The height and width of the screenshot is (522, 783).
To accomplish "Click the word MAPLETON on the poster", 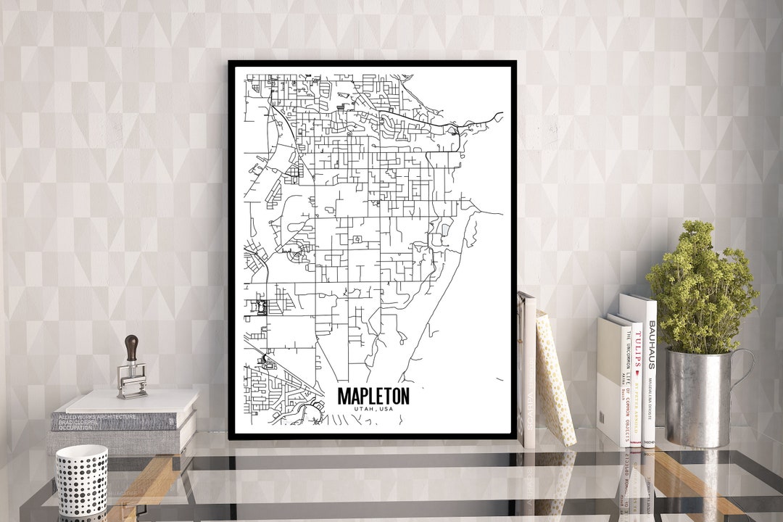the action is [373, 396].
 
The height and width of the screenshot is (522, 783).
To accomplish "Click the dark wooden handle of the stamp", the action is [131, 349].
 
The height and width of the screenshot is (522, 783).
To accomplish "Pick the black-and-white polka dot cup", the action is [81, 479].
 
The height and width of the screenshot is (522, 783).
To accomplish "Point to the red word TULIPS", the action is [639, 349].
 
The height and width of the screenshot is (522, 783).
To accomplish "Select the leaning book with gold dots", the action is [555, 381].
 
